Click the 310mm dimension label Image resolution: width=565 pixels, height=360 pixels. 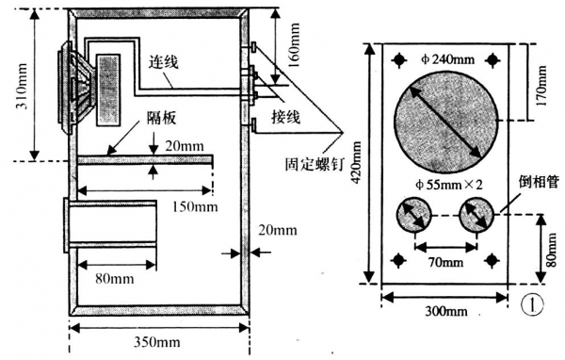(23, 86)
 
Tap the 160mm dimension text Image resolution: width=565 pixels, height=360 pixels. (293, 46)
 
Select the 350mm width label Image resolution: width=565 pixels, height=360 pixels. (157, 341)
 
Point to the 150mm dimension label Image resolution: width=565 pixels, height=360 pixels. (195, 207)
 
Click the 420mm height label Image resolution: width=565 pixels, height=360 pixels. (356, 163)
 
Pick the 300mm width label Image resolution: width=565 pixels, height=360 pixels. (446, 311)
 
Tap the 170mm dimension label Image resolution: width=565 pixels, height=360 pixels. (541, 85)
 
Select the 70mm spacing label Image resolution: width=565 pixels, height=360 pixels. (445, 262)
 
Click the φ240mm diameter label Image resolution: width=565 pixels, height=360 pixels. (447, 59)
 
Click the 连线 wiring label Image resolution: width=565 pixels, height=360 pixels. (164, 62)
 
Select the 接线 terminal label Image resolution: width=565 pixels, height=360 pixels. (285, 117)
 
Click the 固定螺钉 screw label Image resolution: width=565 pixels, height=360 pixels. (315, 164)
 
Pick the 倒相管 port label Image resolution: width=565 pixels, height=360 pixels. (539, 182)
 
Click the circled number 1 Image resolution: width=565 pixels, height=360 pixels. (533, 306)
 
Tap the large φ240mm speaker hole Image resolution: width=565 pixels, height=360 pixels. (445, 122)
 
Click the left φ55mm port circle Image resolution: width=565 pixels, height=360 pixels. (414, 215)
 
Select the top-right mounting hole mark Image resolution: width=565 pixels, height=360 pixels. (492, 60)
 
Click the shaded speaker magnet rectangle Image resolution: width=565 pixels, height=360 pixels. (108, 90)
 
